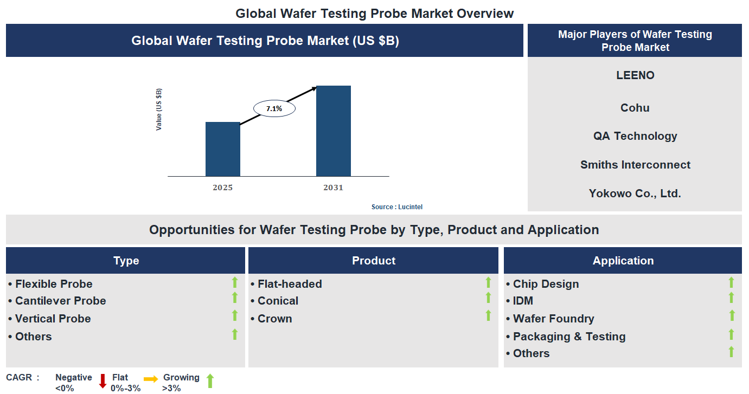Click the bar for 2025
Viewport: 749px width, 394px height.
click(222, 149)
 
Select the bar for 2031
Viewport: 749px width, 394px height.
click(333, 131)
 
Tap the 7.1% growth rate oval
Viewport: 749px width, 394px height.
click(274, 108)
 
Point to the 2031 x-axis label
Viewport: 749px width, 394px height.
click(333, 188)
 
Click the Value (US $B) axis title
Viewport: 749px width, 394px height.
click(159, 109)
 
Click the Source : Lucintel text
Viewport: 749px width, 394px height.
click(396, 207)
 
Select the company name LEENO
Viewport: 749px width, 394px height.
click(635, 75)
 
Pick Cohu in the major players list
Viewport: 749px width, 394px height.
click(635, 108)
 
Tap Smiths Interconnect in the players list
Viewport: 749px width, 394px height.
click(635, 165)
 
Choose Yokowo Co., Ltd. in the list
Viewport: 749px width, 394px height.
click(635, 193)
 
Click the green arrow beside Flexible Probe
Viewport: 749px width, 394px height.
click(235, 282)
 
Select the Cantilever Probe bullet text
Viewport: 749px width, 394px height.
click(60, 301)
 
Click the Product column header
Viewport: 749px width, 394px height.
click(373, 261)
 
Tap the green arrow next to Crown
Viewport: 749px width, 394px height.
click(488, 315)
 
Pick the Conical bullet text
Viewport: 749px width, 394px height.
click(278, 301)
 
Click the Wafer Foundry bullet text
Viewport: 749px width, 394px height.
click(553, 319)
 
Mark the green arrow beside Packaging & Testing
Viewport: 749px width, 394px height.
click(731, 334)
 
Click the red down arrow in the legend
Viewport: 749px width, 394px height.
click(103, 381)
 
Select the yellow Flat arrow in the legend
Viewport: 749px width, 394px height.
click(151, 379)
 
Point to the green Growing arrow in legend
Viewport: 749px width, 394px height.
click(210, 381)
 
